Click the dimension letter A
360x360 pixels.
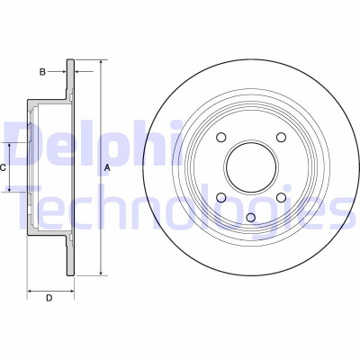(107, 168)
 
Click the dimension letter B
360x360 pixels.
(42, 72)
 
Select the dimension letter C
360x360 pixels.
(3, 168)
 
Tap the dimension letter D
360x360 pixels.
(49, 298)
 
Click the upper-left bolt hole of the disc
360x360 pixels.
(221, 137)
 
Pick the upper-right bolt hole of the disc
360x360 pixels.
(281, 137)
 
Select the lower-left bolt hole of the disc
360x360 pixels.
(221, 197)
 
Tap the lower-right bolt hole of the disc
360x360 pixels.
(281, 197)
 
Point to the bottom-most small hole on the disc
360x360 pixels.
(251, 217)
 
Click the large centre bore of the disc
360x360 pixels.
(251, 167)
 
